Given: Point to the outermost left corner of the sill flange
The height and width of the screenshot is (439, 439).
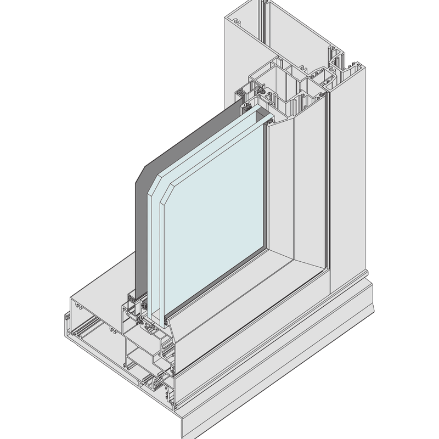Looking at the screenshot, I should [65, 317].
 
